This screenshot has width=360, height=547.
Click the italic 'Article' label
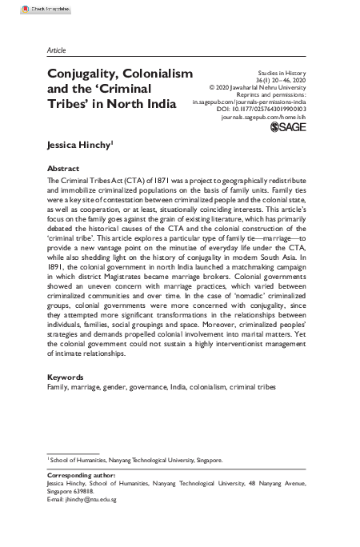click(57, 50)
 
